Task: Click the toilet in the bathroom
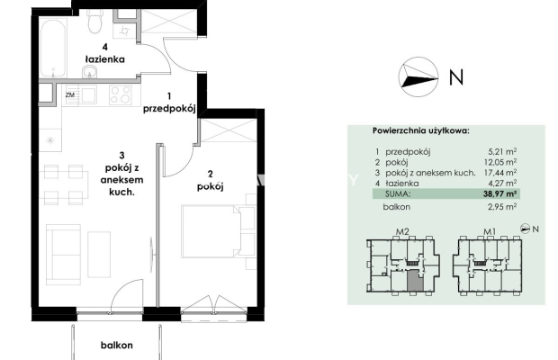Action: coord(95,21)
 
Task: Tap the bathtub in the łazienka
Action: coord(53,48)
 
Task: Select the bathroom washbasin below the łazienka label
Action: coord(90,72)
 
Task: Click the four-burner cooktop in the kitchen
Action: coord(121,95)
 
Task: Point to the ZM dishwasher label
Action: coord(70,95)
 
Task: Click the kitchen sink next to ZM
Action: coord(88,95)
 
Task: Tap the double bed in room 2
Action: coord(211,230)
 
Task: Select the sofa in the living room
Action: coord(64,254)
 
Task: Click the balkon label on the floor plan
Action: coord(117,345)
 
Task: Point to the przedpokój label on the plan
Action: coord(169,109)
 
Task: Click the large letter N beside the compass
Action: coord(456,77)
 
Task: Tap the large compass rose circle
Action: coord(418,76)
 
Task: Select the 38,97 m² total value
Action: coord(498,193)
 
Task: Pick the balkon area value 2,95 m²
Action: coord(502,207)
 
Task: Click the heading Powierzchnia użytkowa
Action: coord(421,130)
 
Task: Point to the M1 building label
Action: coord(490,231)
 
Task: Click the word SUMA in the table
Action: coord(398,193)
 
